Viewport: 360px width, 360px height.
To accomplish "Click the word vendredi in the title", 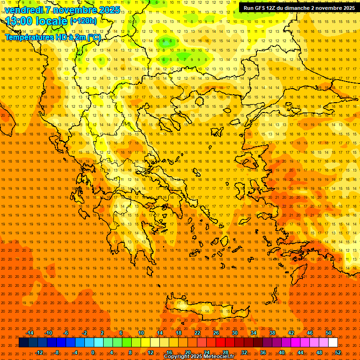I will coord(23,9).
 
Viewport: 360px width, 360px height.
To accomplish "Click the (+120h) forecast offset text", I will coord(83,21).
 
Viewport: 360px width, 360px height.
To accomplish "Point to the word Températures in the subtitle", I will coord(29,37).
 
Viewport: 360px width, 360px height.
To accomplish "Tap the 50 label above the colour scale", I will coord(329,333).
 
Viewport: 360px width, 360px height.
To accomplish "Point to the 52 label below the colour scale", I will coord(338,352).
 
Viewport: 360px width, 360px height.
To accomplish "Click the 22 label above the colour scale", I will coord(197,333).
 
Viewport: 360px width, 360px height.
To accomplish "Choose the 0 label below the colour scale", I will coord(93,352).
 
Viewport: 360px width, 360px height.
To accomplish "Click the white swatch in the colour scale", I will coord(333,343).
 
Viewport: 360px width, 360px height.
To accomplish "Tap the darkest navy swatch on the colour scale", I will coord(23,343).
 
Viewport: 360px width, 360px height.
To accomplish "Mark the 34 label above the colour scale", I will coord(254,333).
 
